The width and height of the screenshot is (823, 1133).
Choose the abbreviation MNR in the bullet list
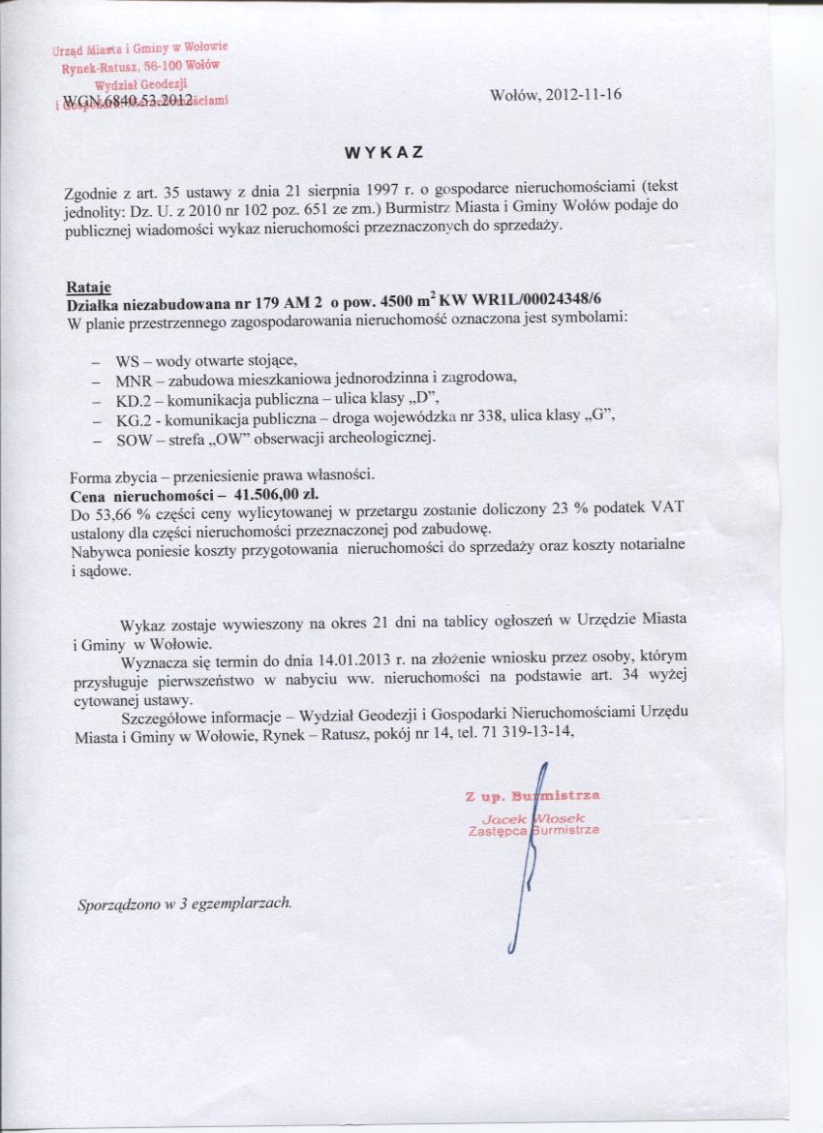click(x=133, y=379)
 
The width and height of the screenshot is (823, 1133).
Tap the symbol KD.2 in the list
click(x=132, y=398)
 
